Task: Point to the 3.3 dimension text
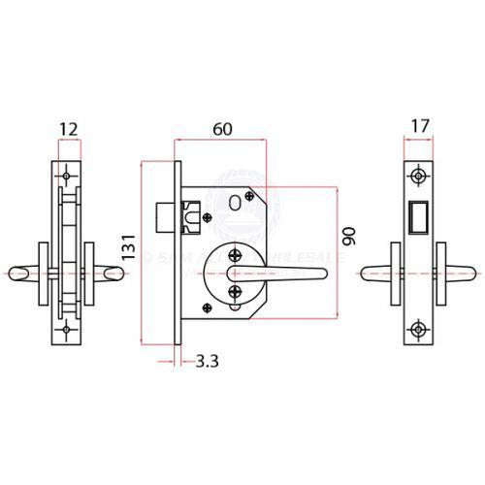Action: coord(207,362)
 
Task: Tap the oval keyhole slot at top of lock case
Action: coord(235,201)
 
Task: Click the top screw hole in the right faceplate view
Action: coord(417,177)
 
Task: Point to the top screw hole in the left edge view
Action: coord(67,178)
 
